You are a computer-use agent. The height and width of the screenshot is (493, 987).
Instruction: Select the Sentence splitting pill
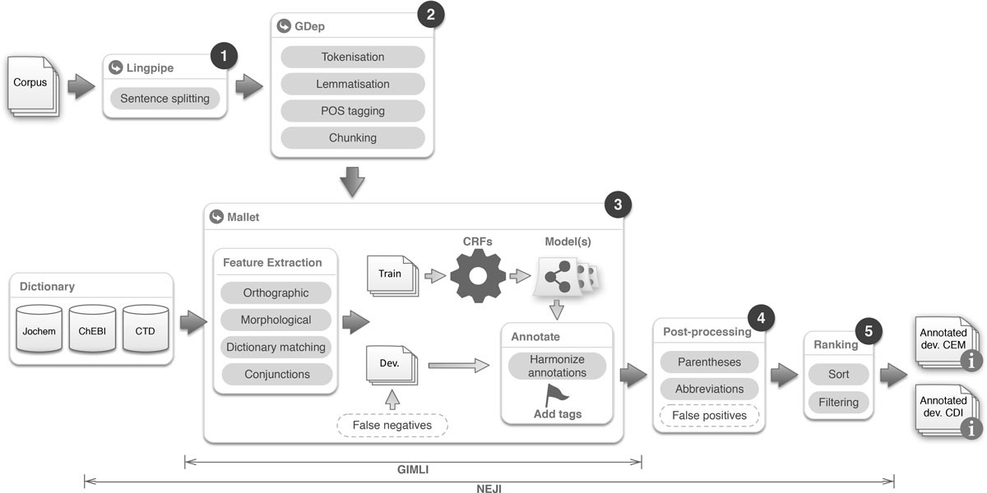click(x=164, y=99)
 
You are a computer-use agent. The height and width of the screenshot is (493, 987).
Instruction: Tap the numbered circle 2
click(x=430, y=14)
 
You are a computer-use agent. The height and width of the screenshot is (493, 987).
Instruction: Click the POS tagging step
click(x=352, y=111)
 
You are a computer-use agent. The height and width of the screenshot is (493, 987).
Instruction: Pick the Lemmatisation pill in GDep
click(x=352, y=84)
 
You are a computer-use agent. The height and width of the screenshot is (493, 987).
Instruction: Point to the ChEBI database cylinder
click(x=92, y=332)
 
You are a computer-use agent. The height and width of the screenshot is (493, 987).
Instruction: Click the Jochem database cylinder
click(x=39, y=332)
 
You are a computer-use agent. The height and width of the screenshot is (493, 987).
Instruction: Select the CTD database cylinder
click(x=146, y=332)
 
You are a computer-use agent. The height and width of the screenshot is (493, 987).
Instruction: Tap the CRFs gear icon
click(x=477, y=274)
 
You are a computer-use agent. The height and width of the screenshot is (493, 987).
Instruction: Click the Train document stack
click(x=391, y=275)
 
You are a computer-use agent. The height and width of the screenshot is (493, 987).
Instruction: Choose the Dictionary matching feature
click(x=276, y=348)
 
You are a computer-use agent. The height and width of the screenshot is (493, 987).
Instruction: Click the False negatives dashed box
click(x=392, y=425)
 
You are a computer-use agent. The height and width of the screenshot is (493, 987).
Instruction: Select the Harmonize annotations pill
click(x=557, y=366)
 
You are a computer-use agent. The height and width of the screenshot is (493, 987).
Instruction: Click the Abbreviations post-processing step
click(x=709, y=389)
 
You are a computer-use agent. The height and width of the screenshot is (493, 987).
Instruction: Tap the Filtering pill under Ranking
click(x=838, y=403)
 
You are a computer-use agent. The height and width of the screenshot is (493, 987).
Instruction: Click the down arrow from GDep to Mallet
click(x=352, y=180)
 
